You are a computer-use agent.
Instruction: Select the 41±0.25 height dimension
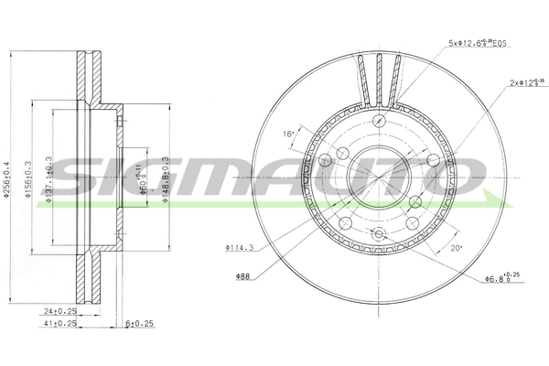(61, 324)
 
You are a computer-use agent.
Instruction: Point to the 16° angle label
(288, 134)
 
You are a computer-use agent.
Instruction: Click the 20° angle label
(457, 247)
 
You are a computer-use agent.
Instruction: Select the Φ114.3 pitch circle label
(240, 246)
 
